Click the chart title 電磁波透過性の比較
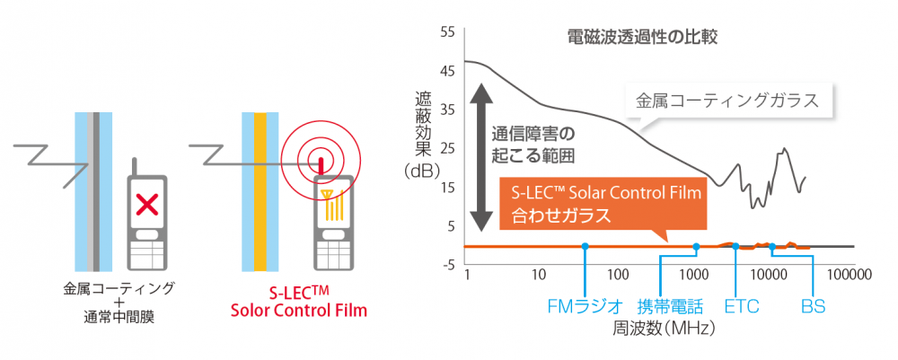pos(642,39)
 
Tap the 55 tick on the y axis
pos(447,32)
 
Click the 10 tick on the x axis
pos(538,275)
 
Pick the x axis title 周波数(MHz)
pos(658,329)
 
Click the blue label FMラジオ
pos(585,306)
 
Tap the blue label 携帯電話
pos(670,306)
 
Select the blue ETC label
pos(742,306)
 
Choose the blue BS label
pos(814,306)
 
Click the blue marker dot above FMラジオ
pos(585,246)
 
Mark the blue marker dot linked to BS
pos(772,247)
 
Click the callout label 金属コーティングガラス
pos(726,101)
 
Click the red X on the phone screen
pos(148,205)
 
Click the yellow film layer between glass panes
pos(260,192)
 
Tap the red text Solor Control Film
pos(298,311)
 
